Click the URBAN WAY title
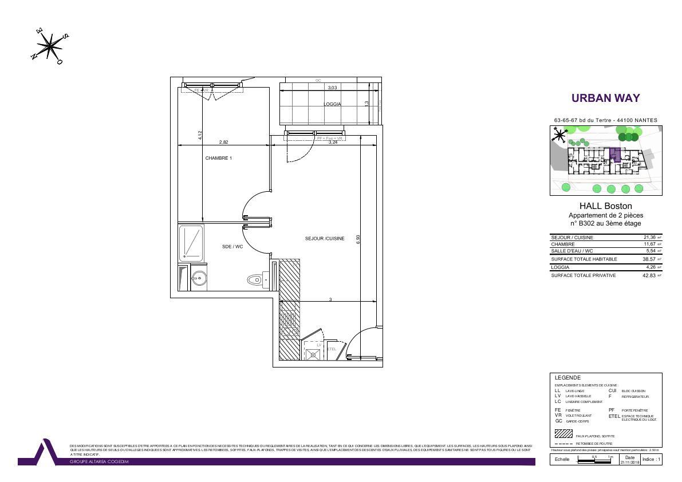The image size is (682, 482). pos(605,98)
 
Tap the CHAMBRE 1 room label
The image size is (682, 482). pos(219,158)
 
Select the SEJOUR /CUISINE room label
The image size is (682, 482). pos(325,239)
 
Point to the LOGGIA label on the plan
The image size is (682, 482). pos(332,104)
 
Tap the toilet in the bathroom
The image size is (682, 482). pos(255,280)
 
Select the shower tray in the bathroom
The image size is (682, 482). pos(191,243)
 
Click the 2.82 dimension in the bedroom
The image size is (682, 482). pos(224,142)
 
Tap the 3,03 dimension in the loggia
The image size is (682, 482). pos(332,88)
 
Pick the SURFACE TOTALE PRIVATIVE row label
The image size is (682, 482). pos(584,275)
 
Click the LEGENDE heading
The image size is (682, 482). pos(567,378)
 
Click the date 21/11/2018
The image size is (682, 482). pos(629,462)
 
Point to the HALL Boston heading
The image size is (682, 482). pos(605,206)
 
